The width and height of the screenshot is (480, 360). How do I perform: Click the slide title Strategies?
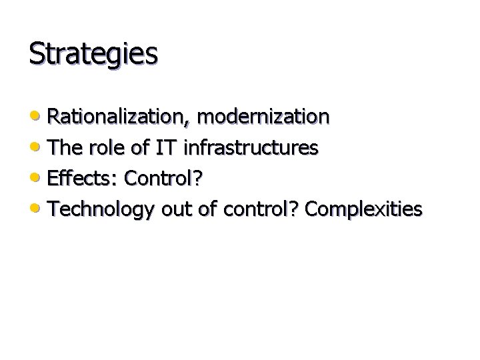click(93, 54)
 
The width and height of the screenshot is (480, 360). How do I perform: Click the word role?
click(108, 148)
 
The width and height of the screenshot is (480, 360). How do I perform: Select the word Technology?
click(101, 209)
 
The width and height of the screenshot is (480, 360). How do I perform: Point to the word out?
click(176, 209)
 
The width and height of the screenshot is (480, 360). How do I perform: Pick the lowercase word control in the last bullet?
click(260, 209)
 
